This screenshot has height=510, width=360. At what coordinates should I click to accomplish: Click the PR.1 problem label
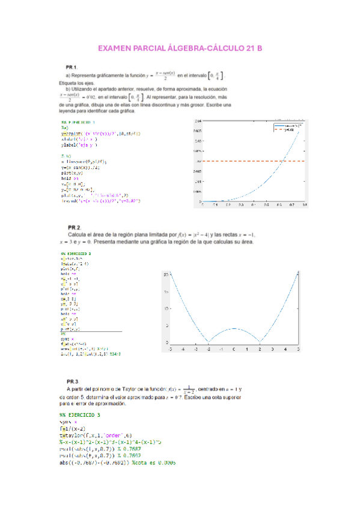click(72, 66)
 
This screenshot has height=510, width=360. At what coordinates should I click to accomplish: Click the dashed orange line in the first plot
click(240, 161)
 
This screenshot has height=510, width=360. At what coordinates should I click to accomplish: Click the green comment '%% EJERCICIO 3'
click(80, 415)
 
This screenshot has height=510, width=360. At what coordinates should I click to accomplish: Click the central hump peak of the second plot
click(234, 328)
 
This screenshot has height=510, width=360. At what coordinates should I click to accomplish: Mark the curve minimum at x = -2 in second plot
click(209, 342)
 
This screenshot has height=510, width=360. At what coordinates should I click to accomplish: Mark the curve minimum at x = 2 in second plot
click(260, 342)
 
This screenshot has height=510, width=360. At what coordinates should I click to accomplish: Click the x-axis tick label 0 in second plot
click(234, 349)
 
